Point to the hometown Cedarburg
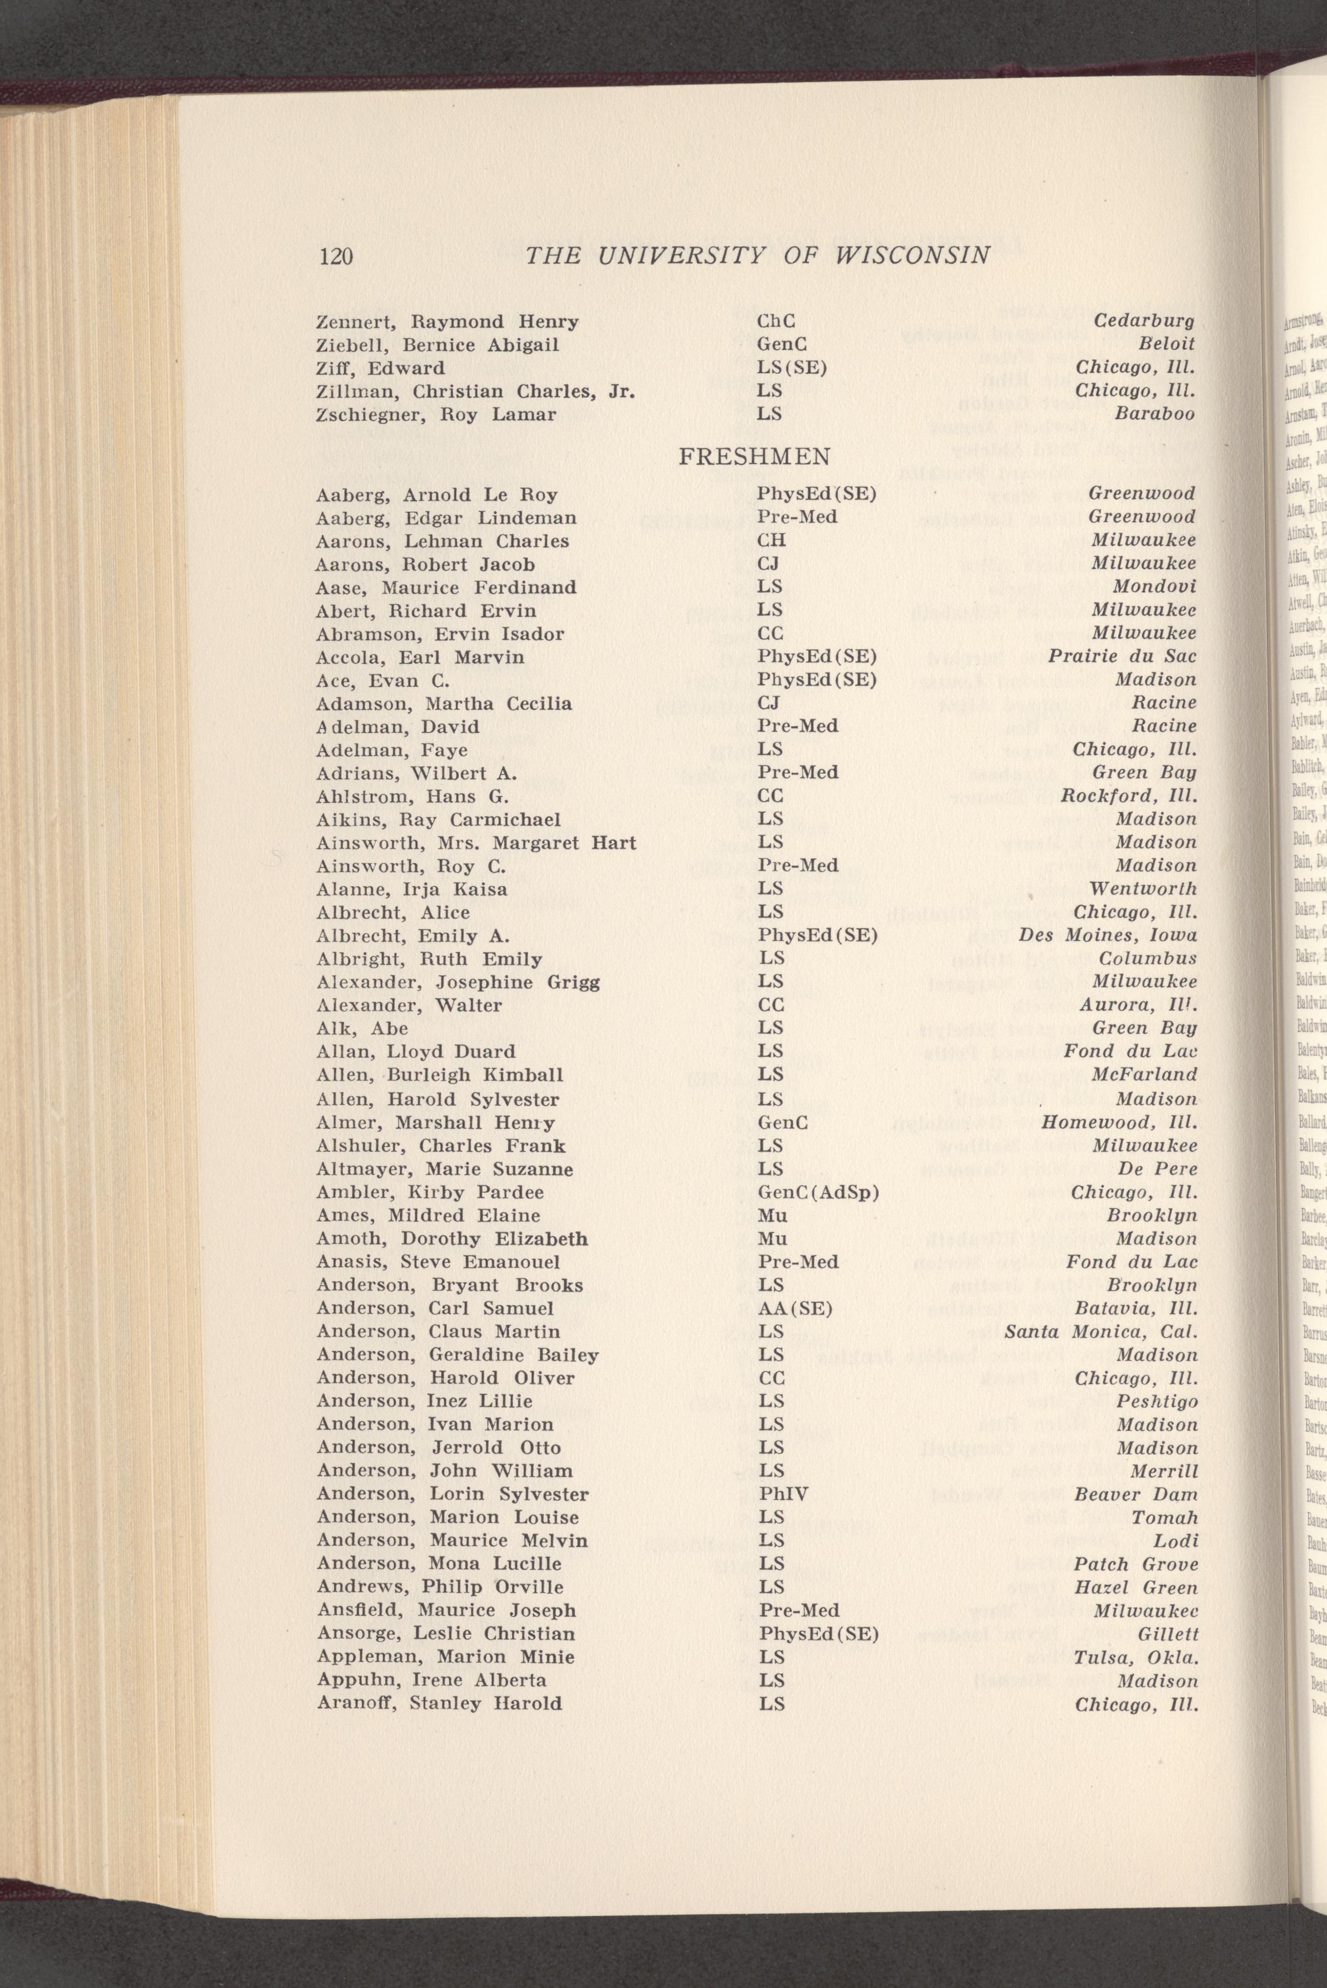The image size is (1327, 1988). [x=1144, y=322]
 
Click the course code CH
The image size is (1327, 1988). [x=772, y=541]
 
